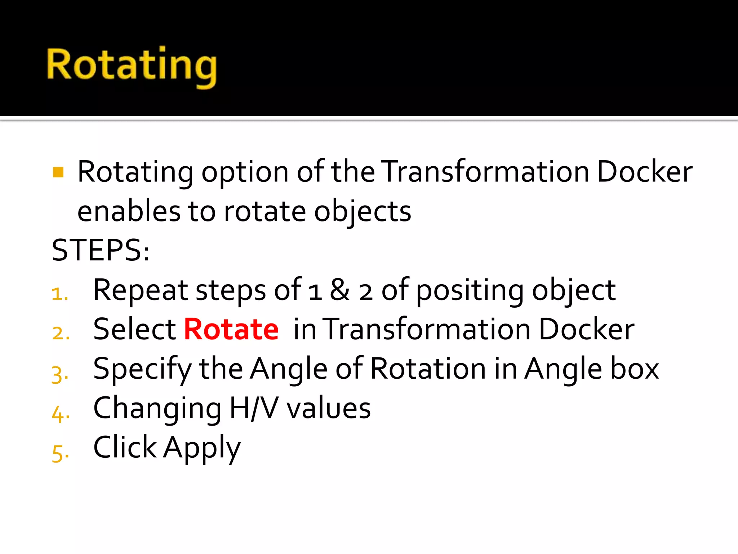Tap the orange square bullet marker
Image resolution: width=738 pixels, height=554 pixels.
58,172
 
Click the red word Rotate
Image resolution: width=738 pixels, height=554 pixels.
231,329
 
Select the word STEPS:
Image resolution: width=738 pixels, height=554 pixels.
101,250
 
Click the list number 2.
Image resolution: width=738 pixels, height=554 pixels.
61,333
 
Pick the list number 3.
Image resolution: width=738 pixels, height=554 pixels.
60,374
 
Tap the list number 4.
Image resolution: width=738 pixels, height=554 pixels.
61,414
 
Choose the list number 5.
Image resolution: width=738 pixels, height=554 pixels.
60,453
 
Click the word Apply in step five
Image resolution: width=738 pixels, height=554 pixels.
202,448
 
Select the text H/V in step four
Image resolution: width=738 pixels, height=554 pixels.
254,408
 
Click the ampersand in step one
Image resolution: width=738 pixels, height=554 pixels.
339,290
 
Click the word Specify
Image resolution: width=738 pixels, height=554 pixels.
142,369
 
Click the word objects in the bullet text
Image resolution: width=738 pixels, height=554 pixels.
363,212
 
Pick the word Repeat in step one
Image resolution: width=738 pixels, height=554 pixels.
141,291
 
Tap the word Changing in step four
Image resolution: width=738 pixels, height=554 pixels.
157,409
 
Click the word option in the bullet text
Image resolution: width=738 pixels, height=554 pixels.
245,172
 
